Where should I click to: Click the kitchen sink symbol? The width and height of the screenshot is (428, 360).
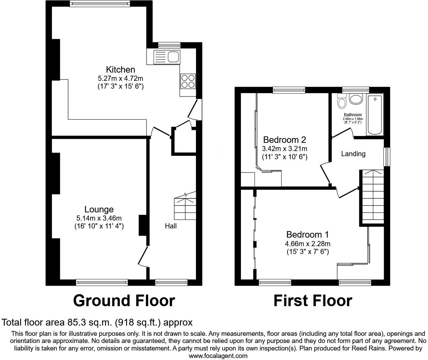coord(167,57)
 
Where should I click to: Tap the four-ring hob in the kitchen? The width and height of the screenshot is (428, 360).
coord(188,81)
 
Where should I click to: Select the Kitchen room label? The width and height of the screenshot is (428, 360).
coord(120,70)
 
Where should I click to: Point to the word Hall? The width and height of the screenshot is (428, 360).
coord(171,226)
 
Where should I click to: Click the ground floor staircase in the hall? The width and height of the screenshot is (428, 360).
coord(185,207)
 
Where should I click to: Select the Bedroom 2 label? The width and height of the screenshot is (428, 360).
coord(285,140)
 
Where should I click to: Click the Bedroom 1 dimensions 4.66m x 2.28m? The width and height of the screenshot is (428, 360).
coord(308,244)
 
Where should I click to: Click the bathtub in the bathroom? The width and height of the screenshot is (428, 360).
coord(375,115)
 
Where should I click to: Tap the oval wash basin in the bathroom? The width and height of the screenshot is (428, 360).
coord(356,100)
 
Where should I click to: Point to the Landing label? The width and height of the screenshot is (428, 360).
coord(353,154)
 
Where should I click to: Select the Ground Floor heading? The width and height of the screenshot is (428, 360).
coord(124,301)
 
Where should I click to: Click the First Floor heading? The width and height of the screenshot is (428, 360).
coord(312,301)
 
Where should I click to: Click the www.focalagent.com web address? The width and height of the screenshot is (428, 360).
coord(218,356)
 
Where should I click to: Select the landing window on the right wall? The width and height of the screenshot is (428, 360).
coord(387,157)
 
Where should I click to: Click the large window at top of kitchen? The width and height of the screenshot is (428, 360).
coord(100,4)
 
